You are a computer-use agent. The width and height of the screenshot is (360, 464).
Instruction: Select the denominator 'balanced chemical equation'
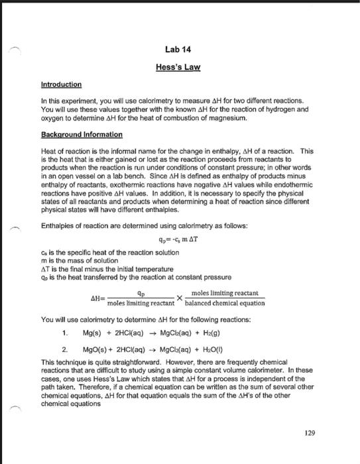tap(225, 303)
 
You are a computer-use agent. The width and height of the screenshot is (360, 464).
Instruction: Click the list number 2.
tap(64, 348)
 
